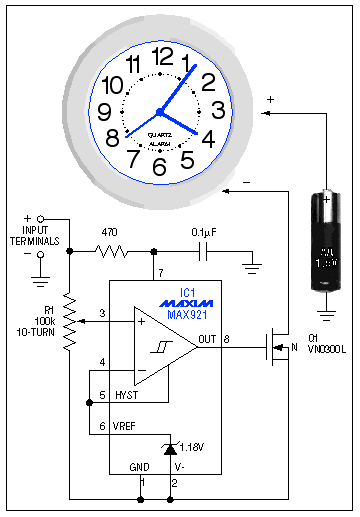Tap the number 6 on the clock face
[x=158, y=167]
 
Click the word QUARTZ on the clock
[x=159, y=133]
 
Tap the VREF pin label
[x=126, y=426]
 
